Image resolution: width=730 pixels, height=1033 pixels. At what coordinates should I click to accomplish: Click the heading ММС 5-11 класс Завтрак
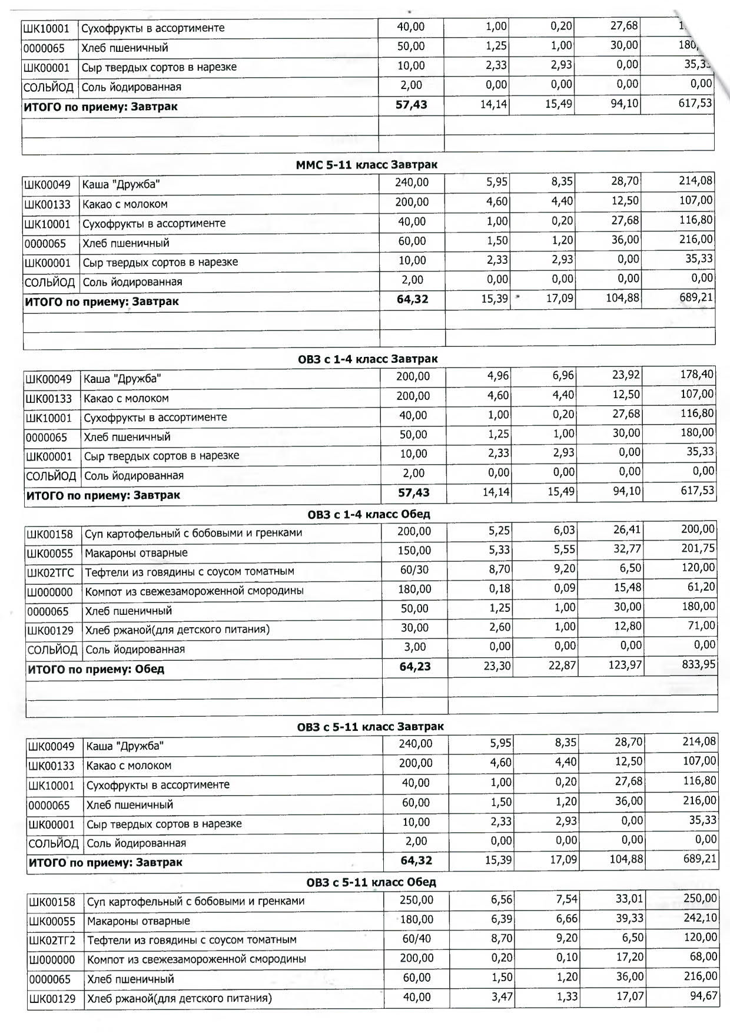coord(366,165)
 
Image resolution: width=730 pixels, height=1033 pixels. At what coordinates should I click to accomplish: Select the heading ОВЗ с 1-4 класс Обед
coord(369,514)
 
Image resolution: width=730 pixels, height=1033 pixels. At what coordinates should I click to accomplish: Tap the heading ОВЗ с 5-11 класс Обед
coord(371,882)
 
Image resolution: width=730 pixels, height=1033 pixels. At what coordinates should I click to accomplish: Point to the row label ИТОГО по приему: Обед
coord(96,670)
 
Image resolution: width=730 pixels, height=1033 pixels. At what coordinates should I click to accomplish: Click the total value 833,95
coord(699,665)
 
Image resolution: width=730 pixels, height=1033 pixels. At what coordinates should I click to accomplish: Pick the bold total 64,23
coord(415,667)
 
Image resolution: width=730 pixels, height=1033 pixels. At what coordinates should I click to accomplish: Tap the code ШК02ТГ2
coord(52,941)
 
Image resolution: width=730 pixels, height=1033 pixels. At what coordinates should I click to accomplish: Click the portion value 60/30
coord(414,570)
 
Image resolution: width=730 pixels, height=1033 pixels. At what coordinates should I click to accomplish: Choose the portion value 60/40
coord(417,938)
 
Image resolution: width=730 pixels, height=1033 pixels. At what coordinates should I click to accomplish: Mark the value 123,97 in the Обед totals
coord(625,666)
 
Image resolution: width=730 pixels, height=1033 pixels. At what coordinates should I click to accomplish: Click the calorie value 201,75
coord(698,548)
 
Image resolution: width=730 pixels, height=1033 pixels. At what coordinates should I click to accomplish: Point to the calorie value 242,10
coord(701,918)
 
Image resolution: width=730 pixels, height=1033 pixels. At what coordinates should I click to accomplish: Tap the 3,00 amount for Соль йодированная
coord(414,647)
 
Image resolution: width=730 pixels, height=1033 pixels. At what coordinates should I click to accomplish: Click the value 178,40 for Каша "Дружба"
coord(697,375)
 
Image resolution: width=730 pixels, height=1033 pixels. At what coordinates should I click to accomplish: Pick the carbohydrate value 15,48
coord(628,588)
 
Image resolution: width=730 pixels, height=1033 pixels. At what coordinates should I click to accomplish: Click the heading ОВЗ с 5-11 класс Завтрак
coord(370,727)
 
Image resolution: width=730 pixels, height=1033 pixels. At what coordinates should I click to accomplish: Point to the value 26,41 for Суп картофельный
coord(627,529)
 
